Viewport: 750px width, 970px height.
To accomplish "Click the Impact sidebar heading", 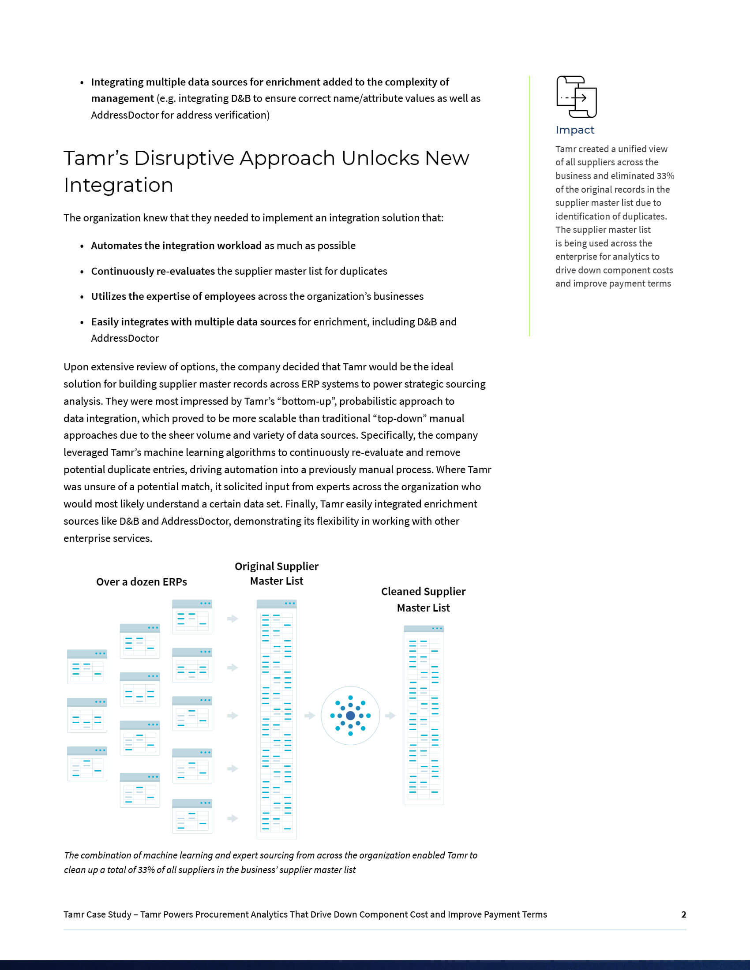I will coord(574,130).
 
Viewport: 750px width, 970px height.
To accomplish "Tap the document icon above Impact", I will coord(576,97).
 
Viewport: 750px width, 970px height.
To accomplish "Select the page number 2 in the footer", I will coord(683,914).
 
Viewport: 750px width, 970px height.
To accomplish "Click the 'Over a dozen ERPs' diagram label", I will coord(141,582).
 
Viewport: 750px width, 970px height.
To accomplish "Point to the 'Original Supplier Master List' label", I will coord(276,573).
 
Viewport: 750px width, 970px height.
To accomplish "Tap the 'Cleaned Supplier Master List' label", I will coord(423,600).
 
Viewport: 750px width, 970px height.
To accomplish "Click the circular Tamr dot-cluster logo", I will coord(350,716).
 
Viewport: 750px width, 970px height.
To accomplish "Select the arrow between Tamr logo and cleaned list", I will coord(390,716).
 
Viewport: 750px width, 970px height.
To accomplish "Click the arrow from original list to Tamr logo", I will coord(310,716).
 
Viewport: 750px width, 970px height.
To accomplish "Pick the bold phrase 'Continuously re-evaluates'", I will coord(153,271).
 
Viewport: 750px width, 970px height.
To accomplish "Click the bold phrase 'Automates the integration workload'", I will coord(176,246).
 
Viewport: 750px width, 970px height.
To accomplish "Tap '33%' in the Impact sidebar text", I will coord(665,176).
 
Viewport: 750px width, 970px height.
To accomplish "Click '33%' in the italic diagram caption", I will coord(146,869).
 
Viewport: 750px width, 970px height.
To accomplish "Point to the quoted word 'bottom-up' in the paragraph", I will coord(307,402).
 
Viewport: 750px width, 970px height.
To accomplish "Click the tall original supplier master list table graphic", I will coord(276,720).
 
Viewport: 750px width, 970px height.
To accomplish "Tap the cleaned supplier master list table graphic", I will coord(424,715).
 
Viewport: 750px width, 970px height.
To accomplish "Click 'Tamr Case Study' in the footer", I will coord(97,914).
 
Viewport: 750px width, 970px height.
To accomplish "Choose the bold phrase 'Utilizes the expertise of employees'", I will coord(173,297).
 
